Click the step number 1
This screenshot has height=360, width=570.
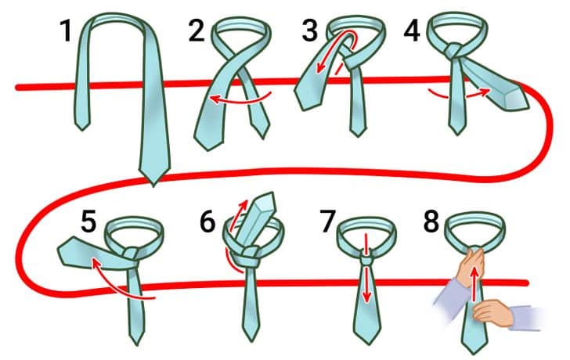click(x=66, y=31)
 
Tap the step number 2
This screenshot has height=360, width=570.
click(x=197, y=31)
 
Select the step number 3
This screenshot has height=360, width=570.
click(x=310, y=31)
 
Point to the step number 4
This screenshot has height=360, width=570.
click(x=412, y=31)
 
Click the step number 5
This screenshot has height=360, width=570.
click(x=88, y=221)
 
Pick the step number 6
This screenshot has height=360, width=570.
click(x=207, y=221)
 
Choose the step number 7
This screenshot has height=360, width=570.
click(x=326, y=221)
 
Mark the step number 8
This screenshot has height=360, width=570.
click(x=431, y=221)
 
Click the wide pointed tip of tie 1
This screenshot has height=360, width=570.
click(x=153, y=185)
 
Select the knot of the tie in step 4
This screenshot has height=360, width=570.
click(x=454, y=51)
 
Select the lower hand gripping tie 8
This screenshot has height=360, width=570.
click(x=492, y=313)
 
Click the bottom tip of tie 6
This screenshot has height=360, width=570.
click(x=251, y=340)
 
